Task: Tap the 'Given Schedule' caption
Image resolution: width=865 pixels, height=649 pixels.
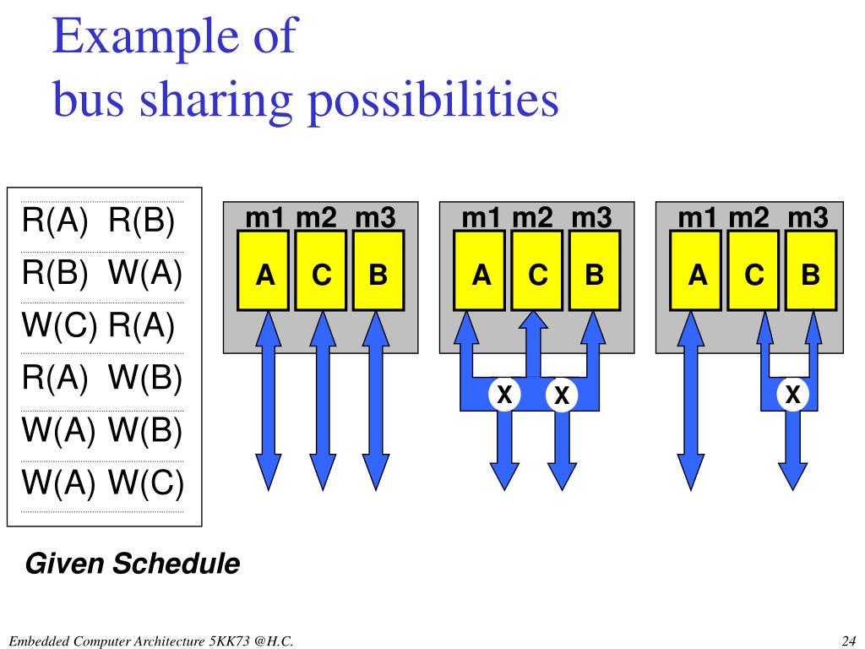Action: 133,563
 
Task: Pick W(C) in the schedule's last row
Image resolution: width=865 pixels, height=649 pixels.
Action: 145,483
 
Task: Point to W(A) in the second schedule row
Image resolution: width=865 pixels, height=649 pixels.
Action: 145,274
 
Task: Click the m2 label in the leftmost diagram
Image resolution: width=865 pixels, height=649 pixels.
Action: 317,218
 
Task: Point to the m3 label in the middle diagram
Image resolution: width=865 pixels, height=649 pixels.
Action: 591,218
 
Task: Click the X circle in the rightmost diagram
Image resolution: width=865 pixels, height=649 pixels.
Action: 793,394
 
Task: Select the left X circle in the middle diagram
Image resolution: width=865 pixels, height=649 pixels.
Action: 504,394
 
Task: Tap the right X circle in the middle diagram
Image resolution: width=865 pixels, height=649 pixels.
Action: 561,394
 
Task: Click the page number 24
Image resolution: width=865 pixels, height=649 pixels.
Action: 850,640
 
